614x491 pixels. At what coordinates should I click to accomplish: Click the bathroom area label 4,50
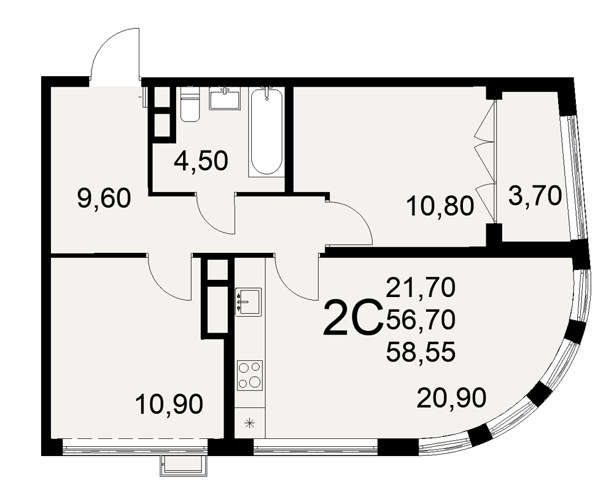click(x=201, y=161)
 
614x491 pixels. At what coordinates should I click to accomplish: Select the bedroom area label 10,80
click(x=440, y=206)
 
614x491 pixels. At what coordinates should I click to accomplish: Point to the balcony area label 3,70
click(x=535, y=196)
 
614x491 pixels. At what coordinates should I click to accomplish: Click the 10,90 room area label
click(x=169, y=404)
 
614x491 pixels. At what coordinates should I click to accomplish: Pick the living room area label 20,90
click(x=451, y=398)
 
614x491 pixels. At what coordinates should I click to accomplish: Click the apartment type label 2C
click(x=352, y=317)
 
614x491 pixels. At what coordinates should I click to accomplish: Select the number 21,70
click(x=421, y=287)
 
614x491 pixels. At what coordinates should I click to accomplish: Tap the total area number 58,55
click(x=421, y=351)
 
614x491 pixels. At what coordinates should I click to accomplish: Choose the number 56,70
click(x=421, y=319)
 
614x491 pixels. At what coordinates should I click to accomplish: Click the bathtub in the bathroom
click(x=266, y=132)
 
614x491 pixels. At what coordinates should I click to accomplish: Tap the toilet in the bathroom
click(x=190, y=104)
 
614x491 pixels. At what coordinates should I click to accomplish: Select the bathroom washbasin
click(x=225, y=98)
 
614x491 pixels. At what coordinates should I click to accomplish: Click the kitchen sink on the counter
click(x=248, y=301)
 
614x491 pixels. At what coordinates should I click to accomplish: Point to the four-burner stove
click(x=249, y=375)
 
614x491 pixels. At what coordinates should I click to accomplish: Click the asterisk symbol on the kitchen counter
click(x=250, y=423)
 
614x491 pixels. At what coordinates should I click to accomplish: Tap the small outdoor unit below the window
click(x=183, y=466)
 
